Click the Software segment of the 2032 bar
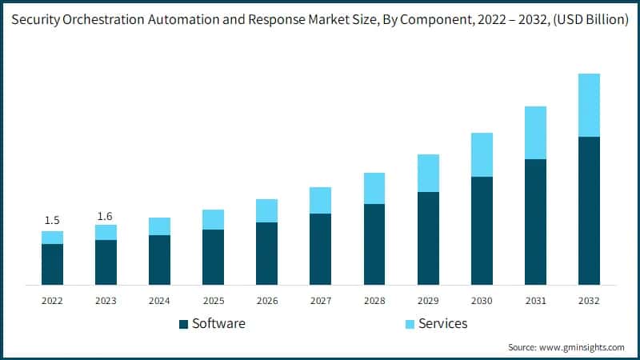589,210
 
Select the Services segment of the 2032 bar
589,105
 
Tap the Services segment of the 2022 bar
52,238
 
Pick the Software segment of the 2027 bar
320,249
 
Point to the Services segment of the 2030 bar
482,154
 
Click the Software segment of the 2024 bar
159,260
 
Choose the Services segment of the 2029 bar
428,173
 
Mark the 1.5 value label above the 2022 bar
52,220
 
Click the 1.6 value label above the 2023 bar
106,216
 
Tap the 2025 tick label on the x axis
213,301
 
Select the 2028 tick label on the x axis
374,301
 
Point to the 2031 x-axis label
535,301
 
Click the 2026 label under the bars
266,301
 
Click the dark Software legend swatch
183,324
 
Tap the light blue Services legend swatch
410,324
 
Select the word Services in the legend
443,324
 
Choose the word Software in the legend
218,324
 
